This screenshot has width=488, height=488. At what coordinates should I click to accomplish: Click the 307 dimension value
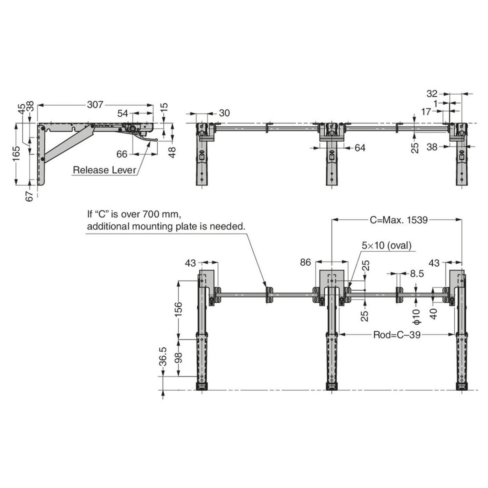(95, 104)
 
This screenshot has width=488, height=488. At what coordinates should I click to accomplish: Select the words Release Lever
(104, 170)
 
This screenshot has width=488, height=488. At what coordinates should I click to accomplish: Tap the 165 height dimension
(16, 154)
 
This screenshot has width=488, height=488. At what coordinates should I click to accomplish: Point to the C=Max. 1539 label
(399, 220)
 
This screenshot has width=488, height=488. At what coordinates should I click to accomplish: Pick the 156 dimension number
(179, 309)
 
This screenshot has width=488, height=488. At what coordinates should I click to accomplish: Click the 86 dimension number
(305, 263)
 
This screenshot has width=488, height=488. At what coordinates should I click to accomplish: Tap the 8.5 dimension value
(417, 273)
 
